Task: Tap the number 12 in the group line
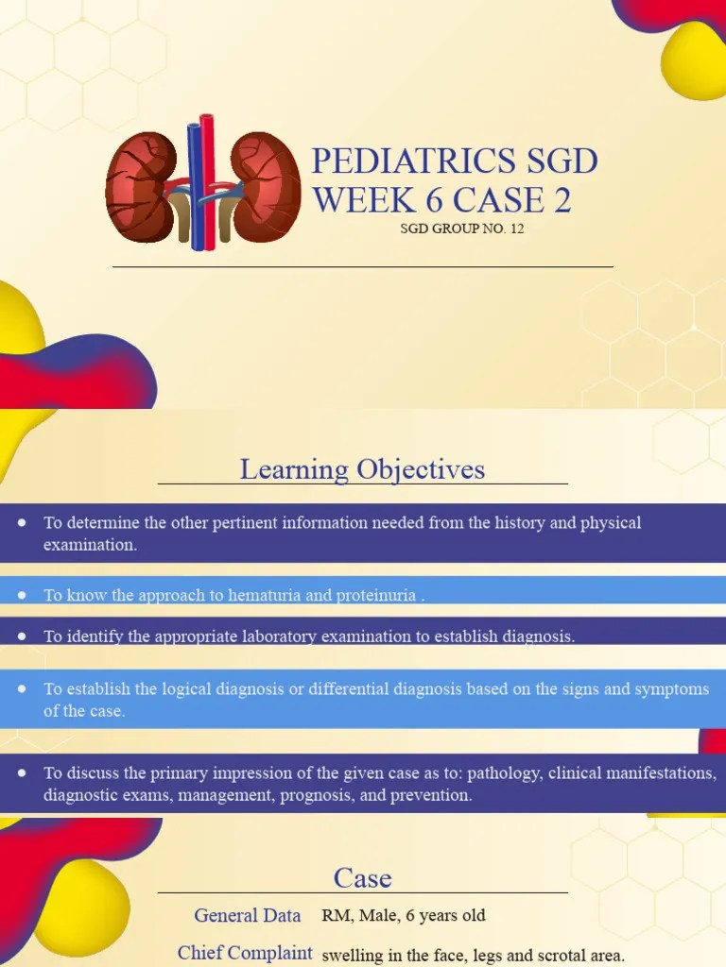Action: pos(515,229)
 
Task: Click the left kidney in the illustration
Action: pos(141,187)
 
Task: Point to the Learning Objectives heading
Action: pos(362,469)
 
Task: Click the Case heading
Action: pos(362,878)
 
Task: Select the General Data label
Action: pos(248,915)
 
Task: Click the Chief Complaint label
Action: pos(245,953)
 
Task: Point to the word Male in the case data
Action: pos(378,915)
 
